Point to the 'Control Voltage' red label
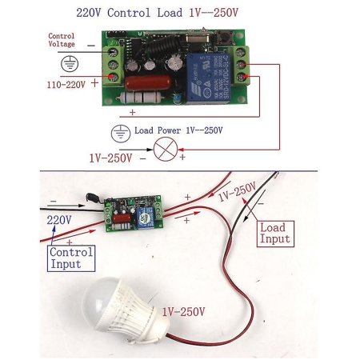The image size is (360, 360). [61, 41]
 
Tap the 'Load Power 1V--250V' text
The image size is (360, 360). [179, 130]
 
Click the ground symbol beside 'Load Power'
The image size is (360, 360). [121, 131]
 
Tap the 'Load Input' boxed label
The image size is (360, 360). [274, 234]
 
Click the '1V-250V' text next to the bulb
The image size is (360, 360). [184, 311]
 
